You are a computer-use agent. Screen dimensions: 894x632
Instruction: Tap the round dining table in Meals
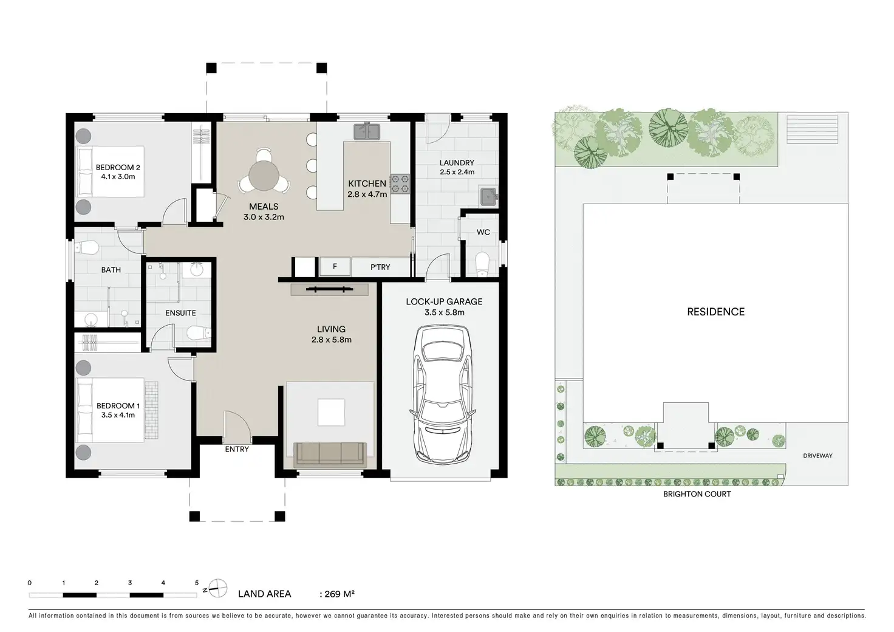coord(264,176)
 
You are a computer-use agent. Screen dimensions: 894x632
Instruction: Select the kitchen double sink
coord(367,132)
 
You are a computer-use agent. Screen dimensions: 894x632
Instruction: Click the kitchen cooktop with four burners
coord(400,184)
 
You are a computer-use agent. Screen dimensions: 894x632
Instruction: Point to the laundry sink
coord(488,196)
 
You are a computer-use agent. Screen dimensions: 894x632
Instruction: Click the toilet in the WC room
coord(482,264)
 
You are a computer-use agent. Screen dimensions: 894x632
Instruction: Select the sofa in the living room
coord(330,455)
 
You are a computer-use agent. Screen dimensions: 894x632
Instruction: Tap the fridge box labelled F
coord(335,266)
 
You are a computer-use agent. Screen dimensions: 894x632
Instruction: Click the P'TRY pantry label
coord(380,267)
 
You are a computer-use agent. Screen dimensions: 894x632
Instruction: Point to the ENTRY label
coord(237,449)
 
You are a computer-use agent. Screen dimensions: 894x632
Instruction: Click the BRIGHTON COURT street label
coord(697,494)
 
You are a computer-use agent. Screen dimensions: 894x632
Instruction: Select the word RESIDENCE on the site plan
coord(715,312)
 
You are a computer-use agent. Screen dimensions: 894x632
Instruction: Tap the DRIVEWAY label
coord(817,456)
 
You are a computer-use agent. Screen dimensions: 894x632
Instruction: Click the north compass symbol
coord(217,588)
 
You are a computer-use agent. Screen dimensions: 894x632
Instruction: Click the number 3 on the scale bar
coord(130,583)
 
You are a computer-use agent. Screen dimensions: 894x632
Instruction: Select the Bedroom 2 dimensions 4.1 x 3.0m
coord(118,176)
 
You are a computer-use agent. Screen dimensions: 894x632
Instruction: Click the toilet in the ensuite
coord(199,332)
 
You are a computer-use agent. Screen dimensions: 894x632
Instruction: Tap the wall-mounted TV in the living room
coord(329,289)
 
